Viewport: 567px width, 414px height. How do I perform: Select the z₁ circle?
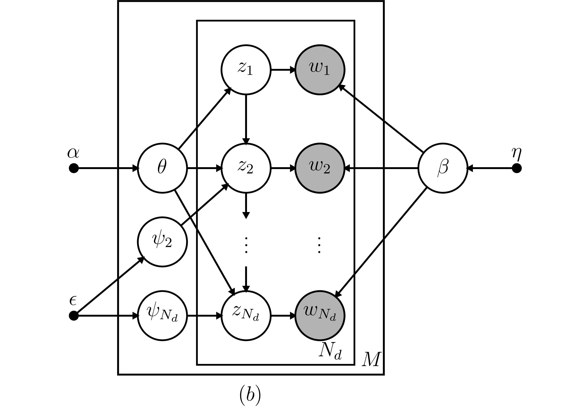246,70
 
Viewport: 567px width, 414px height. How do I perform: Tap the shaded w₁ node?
320,70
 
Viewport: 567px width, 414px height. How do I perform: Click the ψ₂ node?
162,242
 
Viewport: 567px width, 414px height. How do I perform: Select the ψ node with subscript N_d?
162,316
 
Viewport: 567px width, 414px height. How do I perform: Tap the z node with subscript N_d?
246,316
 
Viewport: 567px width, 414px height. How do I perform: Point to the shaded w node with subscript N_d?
320,316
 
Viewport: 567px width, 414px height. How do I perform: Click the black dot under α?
74,168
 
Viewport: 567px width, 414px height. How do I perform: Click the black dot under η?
517,168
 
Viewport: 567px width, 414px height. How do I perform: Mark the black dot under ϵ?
74,316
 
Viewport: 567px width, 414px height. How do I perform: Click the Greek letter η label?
516,153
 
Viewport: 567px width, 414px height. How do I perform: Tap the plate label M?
371,360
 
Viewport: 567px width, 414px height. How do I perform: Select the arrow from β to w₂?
381,168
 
